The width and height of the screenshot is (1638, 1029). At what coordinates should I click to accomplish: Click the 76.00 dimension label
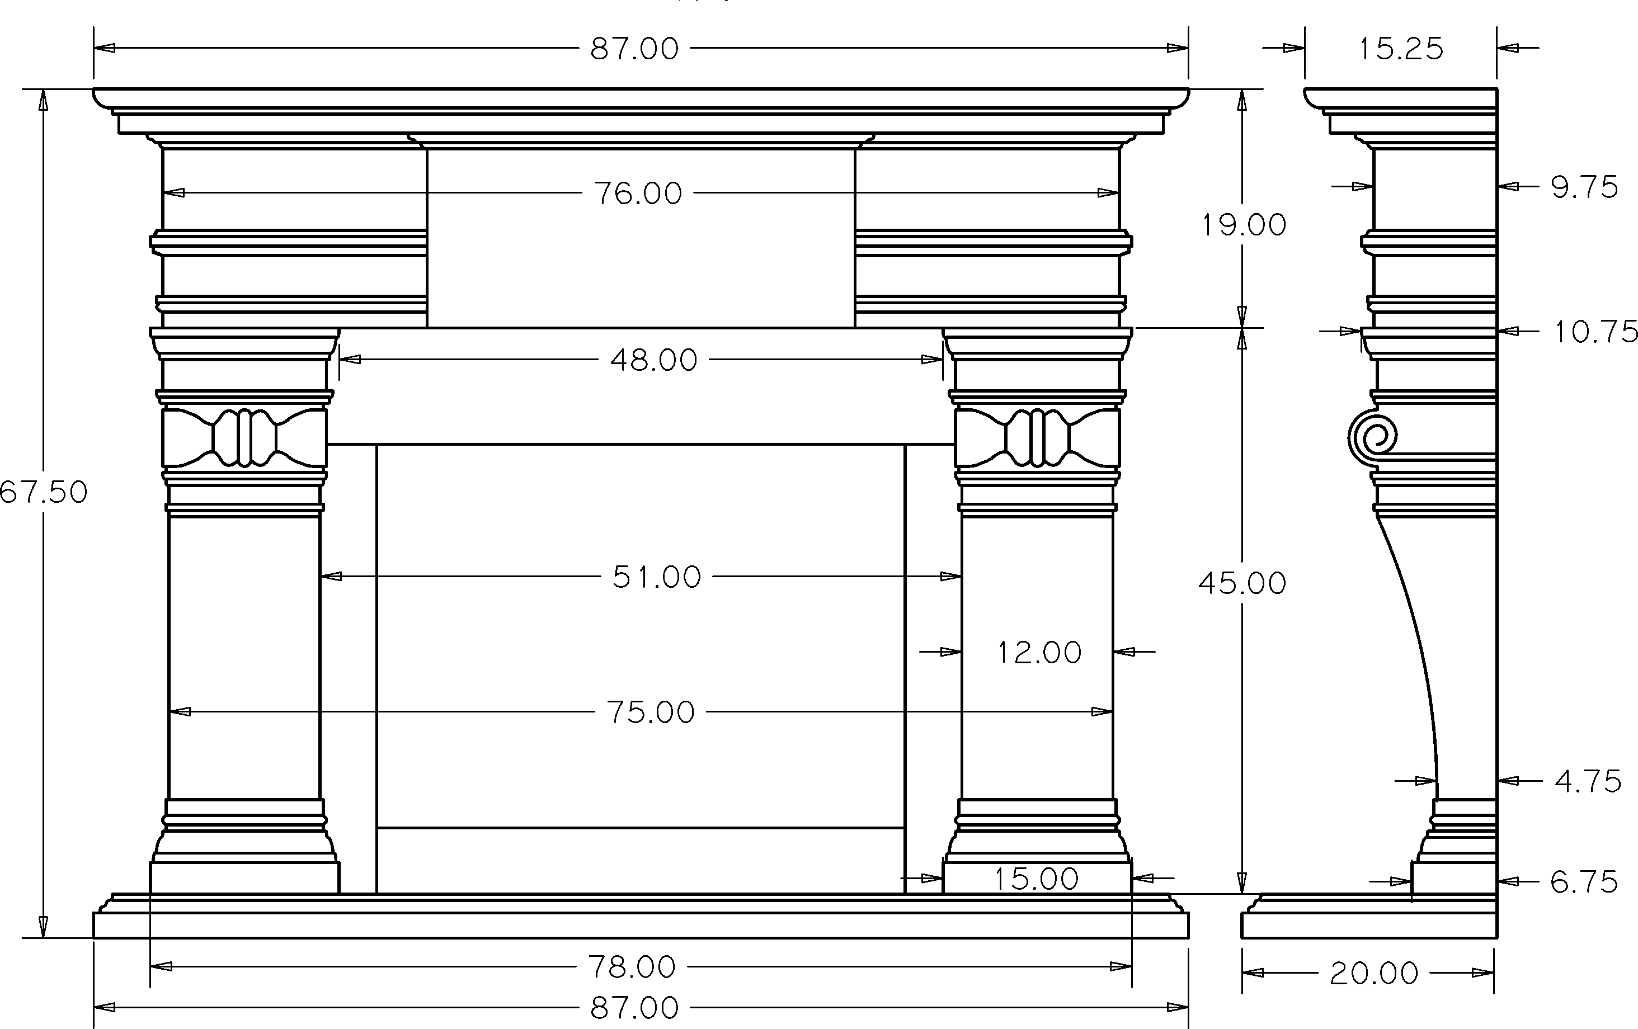637,193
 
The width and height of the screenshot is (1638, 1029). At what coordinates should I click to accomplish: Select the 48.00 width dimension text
654,360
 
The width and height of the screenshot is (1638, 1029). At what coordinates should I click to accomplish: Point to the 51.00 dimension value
656,577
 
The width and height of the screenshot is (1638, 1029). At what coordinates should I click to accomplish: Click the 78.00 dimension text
632,966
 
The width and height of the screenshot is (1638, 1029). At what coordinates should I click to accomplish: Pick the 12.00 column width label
1039,652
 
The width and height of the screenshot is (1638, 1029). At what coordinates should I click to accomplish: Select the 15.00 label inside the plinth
1036,879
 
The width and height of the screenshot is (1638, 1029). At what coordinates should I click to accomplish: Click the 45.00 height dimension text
1242,583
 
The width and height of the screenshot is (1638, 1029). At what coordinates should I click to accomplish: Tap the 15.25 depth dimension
1401,48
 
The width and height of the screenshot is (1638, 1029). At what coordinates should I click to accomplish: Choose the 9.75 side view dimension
1584,187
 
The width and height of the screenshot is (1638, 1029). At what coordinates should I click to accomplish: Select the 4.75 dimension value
1588,781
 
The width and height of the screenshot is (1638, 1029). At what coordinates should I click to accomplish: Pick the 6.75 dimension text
1584,882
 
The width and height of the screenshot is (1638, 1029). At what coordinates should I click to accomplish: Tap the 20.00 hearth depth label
1374,973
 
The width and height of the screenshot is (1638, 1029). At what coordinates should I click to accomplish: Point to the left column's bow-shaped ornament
244,437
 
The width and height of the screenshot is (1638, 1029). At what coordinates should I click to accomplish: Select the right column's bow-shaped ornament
1037,437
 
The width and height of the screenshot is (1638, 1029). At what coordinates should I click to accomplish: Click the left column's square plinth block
244,877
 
